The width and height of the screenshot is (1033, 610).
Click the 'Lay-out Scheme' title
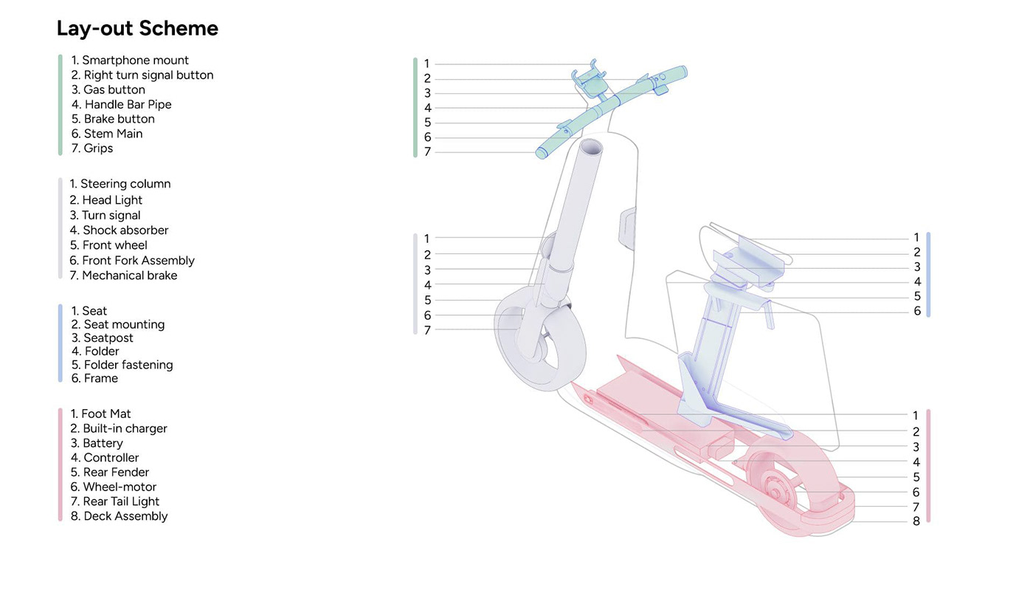[137, 29]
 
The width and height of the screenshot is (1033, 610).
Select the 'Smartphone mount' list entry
[130, 61]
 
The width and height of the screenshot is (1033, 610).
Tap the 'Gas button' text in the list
[108, 89]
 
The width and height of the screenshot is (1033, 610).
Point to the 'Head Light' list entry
[106, 200]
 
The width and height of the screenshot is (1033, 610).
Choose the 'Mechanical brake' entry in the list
[124, 275]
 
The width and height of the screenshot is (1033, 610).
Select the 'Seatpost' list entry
[103, 338]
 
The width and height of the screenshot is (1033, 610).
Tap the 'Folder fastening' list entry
[122, 365]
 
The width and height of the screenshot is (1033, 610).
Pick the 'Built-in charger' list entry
[119, 428]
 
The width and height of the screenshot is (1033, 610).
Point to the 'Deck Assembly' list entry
[120, 516]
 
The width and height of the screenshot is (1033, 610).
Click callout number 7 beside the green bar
[427, 152]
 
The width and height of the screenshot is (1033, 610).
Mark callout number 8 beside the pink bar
[916, 521]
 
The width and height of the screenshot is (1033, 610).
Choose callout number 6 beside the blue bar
[917, 312]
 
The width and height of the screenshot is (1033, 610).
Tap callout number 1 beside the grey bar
[427, 239]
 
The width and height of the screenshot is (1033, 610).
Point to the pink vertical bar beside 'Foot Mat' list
[60, 465]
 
